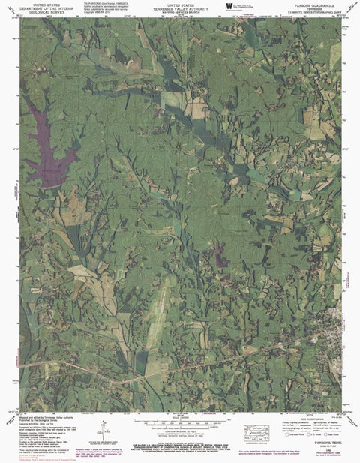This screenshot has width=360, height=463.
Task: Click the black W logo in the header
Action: click(x=228, y=6)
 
